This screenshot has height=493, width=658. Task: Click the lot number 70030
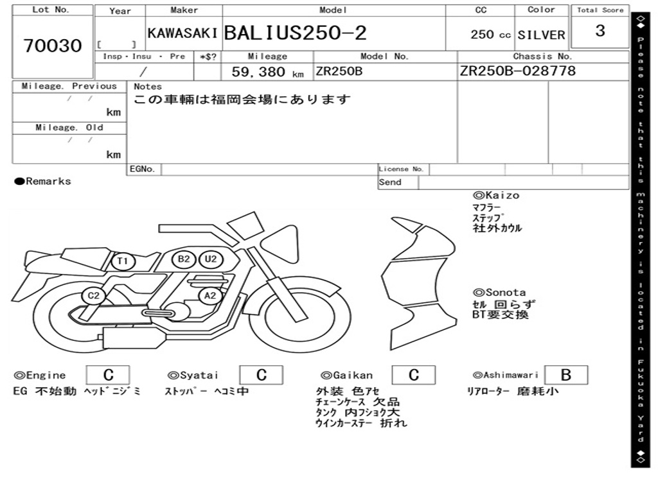coord(53,46)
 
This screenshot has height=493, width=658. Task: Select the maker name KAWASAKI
coord(182,33)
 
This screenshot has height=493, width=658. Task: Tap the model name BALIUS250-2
coord(296,33)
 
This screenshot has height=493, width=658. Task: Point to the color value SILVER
coord(541,35)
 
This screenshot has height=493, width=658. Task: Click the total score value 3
coord(600,31)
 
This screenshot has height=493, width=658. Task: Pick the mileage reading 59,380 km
coord(268,72)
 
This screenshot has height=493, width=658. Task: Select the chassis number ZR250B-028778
coord(518,71)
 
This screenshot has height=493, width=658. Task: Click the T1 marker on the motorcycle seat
coord(123,262)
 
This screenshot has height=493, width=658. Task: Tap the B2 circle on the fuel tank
coord(184,259)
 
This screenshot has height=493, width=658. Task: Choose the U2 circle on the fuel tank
coord(211,259)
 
